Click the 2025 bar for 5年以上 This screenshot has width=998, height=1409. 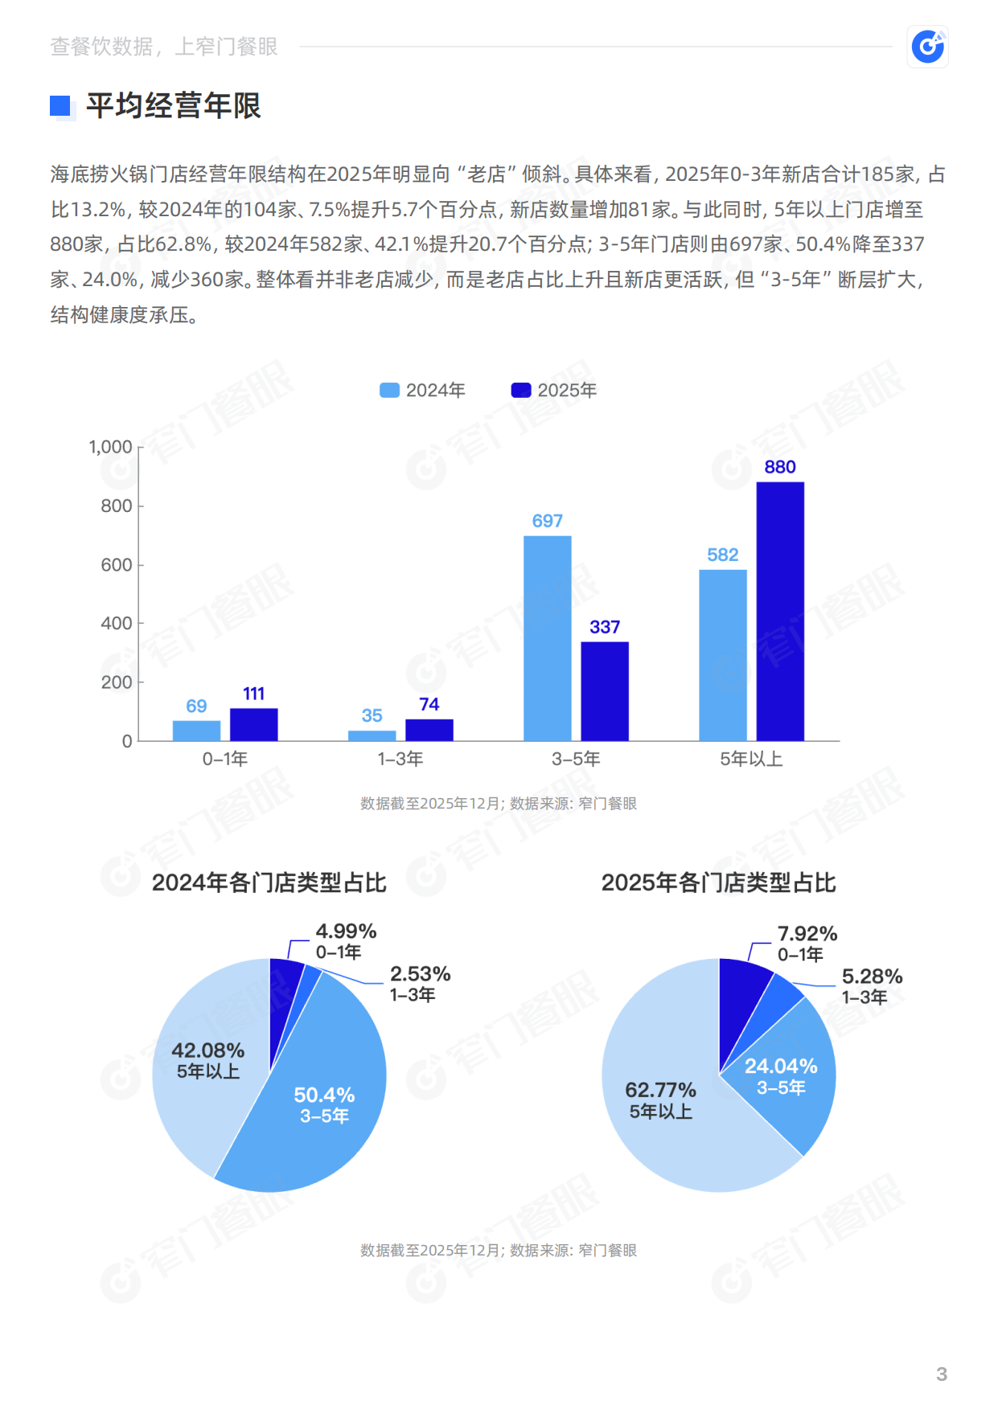(x=779, y=611)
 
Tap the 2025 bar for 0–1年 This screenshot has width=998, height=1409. (x=253, y=724)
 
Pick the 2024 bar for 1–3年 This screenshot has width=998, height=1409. (x=372, y=735)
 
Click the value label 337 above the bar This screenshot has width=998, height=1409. (x=605, y=627)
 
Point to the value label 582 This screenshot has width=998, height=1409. (x=722, y=555)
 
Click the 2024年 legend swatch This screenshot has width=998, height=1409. (x=389, y=391)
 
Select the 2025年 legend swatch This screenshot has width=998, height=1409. (x=521, y=391)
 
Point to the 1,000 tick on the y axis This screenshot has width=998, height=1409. (x=110, y=447)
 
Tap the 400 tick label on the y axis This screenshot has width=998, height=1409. (x=116, y=623)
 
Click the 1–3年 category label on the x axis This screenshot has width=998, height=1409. (x=400, y=759)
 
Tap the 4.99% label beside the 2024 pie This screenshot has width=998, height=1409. (x=346, y=932)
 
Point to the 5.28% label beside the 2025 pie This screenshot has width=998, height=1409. (x=872, y=977)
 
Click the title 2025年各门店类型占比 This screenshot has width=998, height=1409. (x=718, y=883)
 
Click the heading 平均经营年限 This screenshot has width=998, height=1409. (x=174, y=106)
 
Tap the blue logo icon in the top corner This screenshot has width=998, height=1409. (x=927, y=47)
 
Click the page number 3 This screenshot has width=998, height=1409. (x=942, y=1374)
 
